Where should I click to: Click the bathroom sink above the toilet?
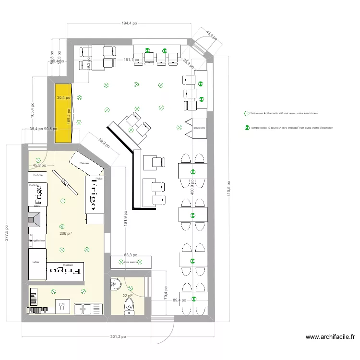pos(116,285)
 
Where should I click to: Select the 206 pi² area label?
pos(65,233)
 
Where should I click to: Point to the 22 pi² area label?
pos(127,296)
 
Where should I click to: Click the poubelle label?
pos(199,128)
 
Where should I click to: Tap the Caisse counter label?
pos(84,163)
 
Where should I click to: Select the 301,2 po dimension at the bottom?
pos(118,337)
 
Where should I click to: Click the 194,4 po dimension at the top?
pos(129,23)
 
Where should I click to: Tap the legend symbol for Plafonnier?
pos(247,114)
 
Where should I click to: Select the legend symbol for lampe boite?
pos(247,128)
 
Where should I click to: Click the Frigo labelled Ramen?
pos(66,271)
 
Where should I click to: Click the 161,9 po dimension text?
pos(125,219)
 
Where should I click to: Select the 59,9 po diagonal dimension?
pos(104,144)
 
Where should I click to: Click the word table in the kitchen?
pos(36,263)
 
